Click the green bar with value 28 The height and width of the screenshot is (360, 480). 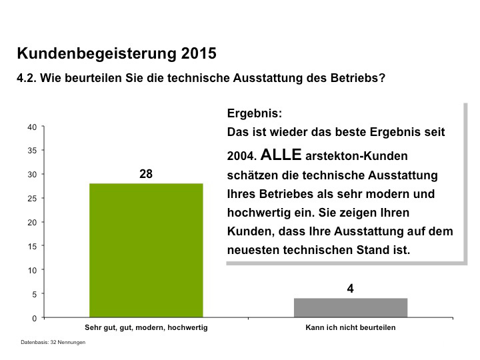click(146, 250)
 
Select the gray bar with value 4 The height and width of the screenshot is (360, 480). click(351, 308)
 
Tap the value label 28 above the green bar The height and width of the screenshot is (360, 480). click(146, 175)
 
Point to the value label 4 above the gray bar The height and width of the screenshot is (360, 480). click(350, 289)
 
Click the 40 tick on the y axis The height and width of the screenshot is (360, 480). click(32, 127)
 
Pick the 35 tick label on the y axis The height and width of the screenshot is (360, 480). click(32, 151)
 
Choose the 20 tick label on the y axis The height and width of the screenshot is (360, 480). click(32, 222)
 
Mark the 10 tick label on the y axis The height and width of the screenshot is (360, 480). click(32, 270)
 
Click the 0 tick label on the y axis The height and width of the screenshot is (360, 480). click(34, 318)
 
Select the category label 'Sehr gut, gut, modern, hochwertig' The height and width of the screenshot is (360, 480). click(146, 328)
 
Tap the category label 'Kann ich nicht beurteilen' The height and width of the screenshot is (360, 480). click(350, 328)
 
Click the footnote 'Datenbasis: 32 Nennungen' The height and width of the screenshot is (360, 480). click(53, 343)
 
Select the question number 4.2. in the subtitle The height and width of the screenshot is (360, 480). click(27, 78)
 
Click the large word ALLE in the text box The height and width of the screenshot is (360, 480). click(281, 155)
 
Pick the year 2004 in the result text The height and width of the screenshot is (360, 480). click(241, 157)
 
